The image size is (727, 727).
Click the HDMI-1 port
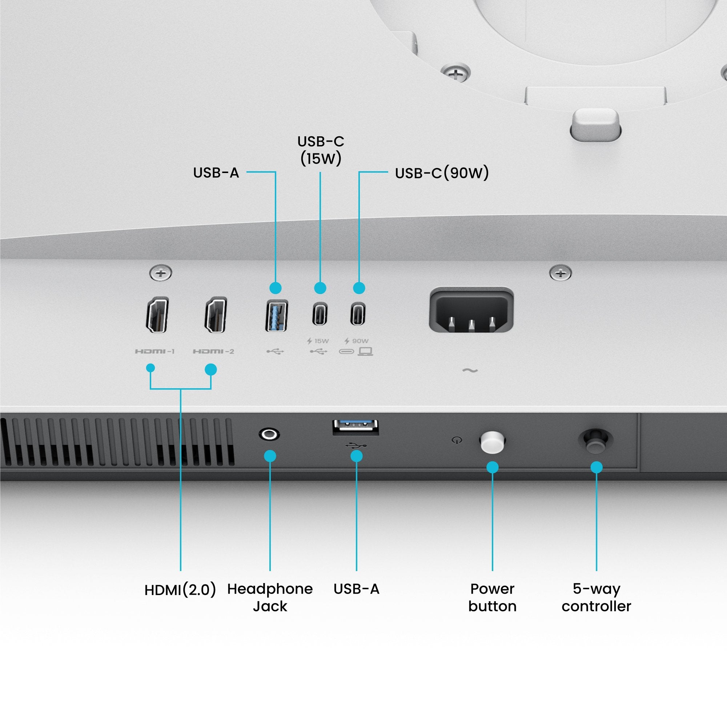tap(157, 314)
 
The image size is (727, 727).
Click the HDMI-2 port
tap(216, 314)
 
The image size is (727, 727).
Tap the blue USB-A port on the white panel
tap(277, 315)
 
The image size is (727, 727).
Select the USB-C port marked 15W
tap(320, 314)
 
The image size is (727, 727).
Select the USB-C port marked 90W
tap(358, 314)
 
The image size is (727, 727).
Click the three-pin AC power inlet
tap(471, 311)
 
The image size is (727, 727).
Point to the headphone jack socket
tap(269, 434)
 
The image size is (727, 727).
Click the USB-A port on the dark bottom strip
tap(356, 427)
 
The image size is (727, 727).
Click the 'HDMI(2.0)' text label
tap(180, 589)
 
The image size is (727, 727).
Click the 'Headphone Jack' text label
tap(270, 598)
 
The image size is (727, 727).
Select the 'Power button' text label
tap(492, 598)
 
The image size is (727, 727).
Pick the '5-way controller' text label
tap(596, 598)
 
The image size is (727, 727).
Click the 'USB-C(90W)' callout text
tap(442, 173)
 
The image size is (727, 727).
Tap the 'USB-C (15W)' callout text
tap(321, 150)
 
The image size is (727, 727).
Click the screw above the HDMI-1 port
tap(161, 273)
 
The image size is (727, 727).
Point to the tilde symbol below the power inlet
tap(470, 371)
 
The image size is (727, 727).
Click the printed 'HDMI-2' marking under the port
tap(213, 352)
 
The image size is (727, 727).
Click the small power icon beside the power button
tap(457, 440)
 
